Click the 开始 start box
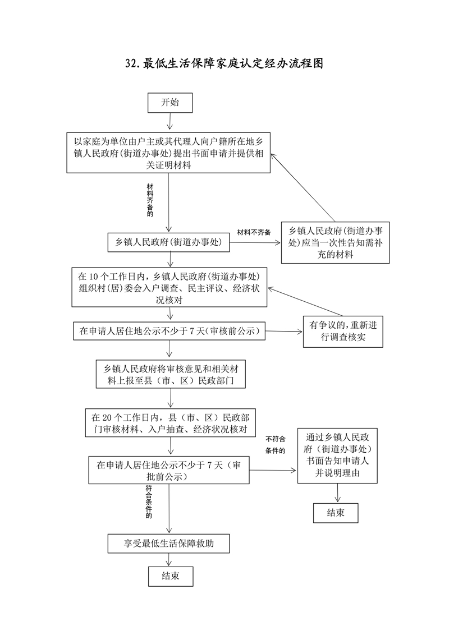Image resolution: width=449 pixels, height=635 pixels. tap(170, 103)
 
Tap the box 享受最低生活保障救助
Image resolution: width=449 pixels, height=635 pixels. tap(169, 544)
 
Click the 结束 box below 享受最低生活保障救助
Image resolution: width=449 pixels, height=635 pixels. tap(170, 576)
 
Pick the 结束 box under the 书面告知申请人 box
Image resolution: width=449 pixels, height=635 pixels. tap(336, 513)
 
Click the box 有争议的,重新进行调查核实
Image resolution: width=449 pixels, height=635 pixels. tap(343, 331)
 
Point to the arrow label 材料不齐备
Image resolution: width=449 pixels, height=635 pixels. tap(254, 232)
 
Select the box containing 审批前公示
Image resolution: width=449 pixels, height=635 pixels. tap(169, 470)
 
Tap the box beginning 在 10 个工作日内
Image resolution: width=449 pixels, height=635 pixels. tap(169, 287)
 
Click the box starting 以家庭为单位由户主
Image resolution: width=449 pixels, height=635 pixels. tap(169, 153)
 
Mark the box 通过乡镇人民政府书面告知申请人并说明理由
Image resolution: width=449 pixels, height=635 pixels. tap(337, 455)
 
